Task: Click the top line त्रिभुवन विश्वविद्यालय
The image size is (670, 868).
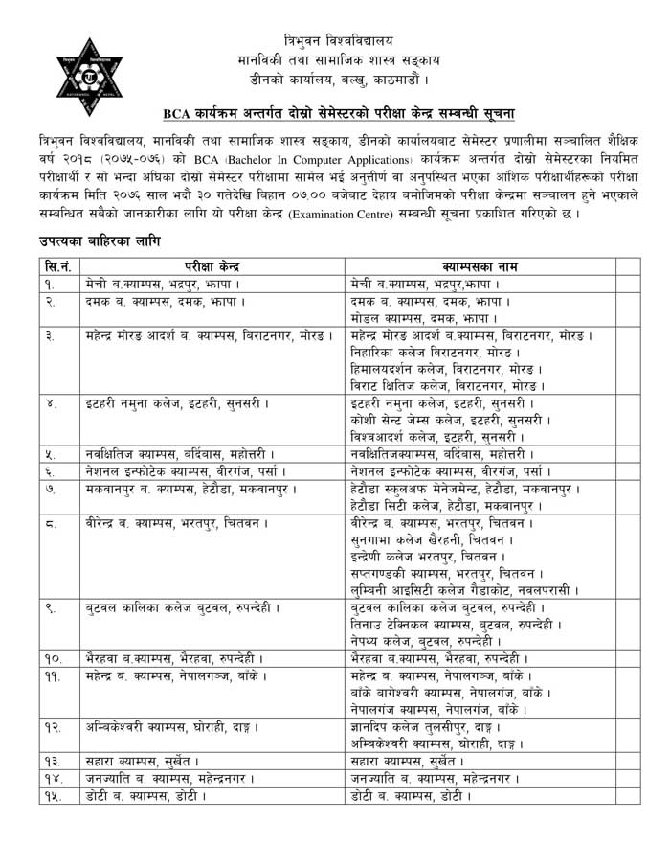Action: (339, 40)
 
